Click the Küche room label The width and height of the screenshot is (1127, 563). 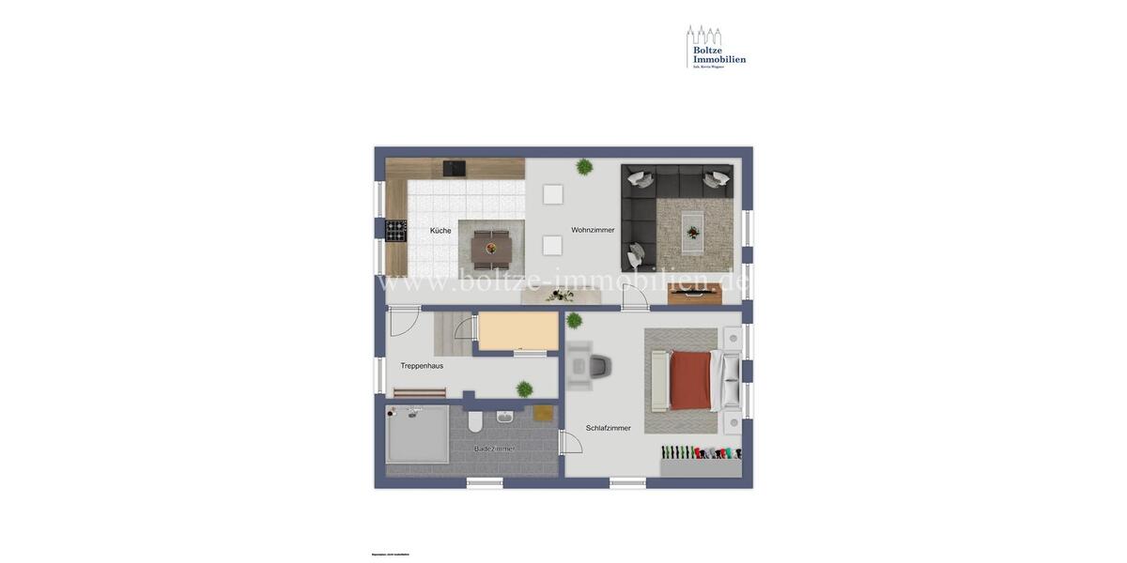440,231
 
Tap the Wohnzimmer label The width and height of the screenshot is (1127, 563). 593,230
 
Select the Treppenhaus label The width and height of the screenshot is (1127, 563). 422,366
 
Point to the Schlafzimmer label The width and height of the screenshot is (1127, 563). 608,428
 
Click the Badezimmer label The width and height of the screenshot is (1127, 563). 494,449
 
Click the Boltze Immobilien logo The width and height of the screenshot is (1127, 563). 717,47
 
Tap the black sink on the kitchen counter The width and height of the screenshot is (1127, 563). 454,169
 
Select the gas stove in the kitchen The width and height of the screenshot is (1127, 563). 395,231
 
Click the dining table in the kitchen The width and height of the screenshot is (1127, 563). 491,249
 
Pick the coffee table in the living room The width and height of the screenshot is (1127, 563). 693,231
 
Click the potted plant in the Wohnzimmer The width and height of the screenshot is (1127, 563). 584,167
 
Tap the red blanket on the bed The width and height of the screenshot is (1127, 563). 688,380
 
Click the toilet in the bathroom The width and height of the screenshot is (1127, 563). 475,420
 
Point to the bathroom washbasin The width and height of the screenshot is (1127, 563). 505,417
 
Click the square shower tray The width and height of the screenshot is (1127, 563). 418,434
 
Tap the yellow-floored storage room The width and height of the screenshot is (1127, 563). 517,331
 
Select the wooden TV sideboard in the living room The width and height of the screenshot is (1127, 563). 695,295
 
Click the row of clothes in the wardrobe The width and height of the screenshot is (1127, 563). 701,454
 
